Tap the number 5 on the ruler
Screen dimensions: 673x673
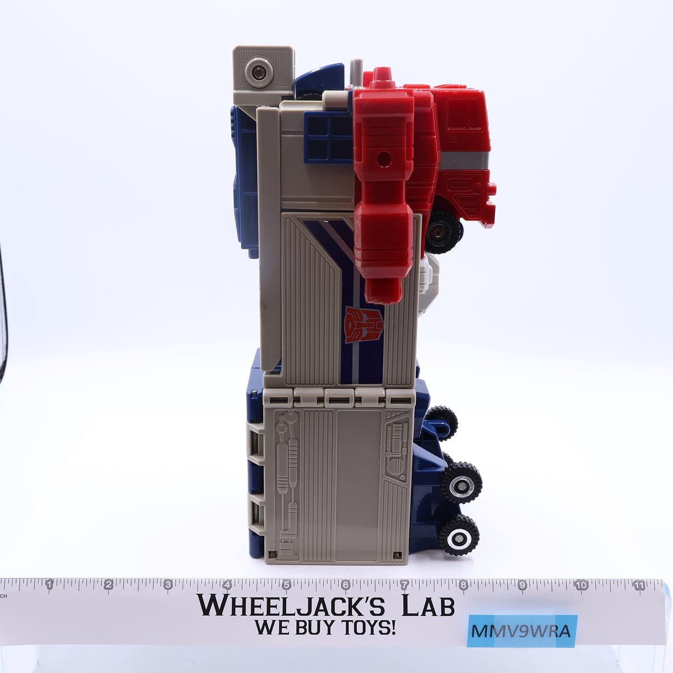click(287, 584)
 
